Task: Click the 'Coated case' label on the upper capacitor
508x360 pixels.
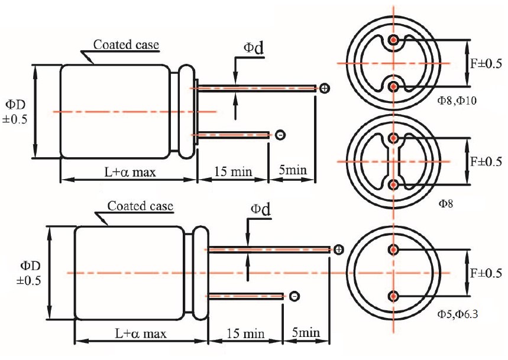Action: (x=127, y=44)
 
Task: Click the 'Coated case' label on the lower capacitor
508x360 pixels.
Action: (x=140, y=206)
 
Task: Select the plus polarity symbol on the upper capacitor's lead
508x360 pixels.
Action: (x=325, y=89)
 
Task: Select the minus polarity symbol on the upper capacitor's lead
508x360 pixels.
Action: (x=280, y=135)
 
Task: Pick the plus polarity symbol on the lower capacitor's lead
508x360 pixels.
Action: (x=338, y=249)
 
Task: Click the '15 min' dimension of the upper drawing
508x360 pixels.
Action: (x=232, y=171)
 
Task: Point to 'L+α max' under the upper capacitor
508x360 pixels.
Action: (x=130, y=172)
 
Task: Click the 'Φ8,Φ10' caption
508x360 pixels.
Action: (x=457, y=101)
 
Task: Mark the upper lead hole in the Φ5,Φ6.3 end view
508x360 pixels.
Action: (x=393, y=249)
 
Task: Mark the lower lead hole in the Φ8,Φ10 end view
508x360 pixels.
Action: (x=393, y=87)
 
